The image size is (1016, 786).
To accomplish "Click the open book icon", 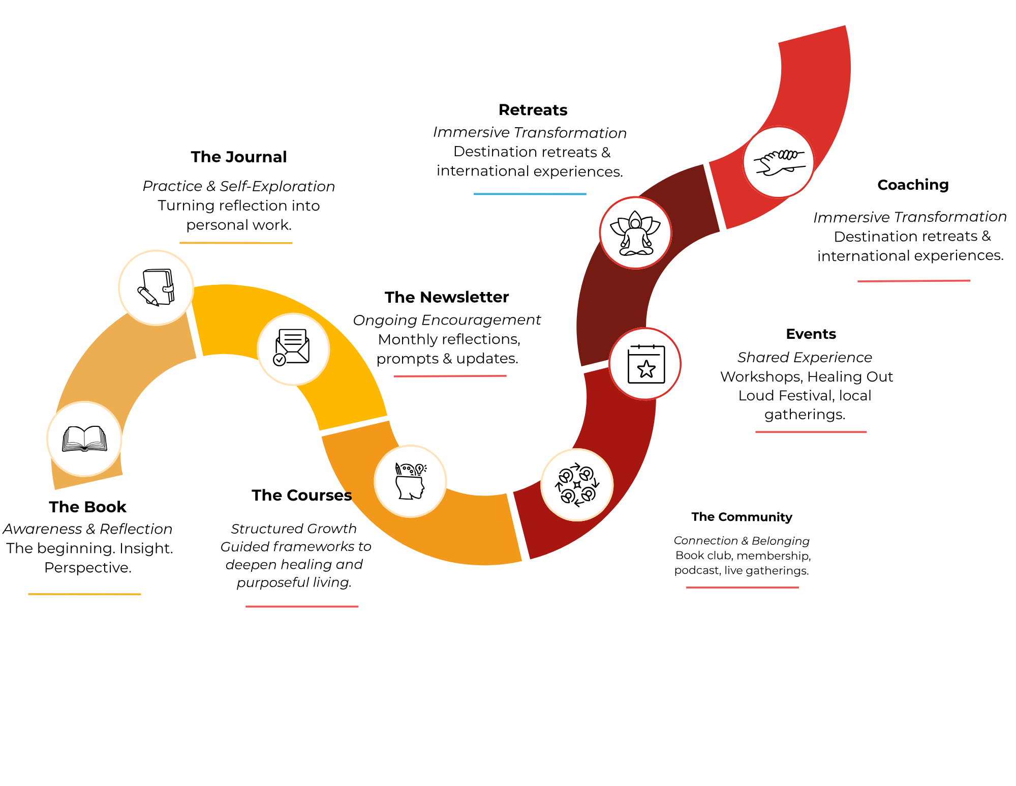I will [x=84, y=439].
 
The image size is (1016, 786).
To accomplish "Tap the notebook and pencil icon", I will [x=156, y=287].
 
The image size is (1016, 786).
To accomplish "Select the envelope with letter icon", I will [x=293, y=349].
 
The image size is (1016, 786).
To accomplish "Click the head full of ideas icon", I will [x=410, y=481].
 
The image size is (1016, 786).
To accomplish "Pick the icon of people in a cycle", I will [x=577, y=485].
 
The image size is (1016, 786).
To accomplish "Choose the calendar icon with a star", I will [x=645, y=364].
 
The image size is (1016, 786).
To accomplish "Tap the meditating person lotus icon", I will [x=635, y=233].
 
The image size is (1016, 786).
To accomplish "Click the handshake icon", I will [x=779, y=162].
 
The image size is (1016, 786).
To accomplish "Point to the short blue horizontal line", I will [x=530, y=194].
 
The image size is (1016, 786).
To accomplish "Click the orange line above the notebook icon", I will [x=236, y=243].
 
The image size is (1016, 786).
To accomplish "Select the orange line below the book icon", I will [x=84, y=594].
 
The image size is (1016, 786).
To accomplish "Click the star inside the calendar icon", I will [x=646, y=369].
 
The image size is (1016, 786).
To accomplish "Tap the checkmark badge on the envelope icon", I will [x=280, y=360].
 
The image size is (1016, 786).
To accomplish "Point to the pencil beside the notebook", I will [x=148, y=296].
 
